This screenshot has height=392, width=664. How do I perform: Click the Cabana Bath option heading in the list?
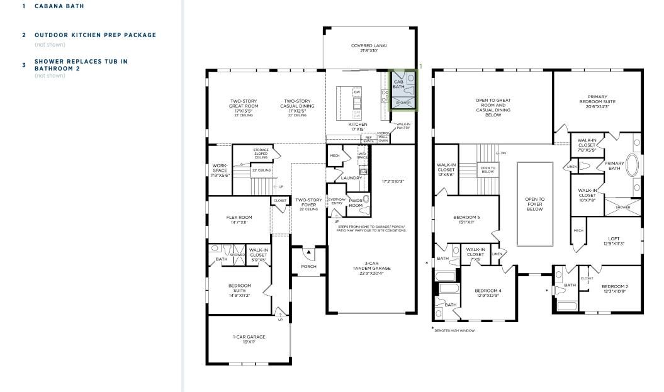coord(59,6)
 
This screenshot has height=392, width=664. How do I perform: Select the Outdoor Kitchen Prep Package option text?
coord(95,35)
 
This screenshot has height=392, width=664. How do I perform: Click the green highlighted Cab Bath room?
coord(403,90)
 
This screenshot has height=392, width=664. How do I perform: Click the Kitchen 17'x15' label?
coord(357,127)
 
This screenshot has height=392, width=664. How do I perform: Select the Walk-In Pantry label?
coord(403,126)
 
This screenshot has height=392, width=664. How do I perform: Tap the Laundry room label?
coord(351,178)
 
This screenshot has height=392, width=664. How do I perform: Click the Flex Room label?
coord(239,220)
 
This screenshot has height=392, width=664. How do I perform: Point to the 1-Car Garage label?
coord(249,339)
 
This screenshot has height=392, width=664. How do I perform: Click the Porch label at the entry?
coord(308,266)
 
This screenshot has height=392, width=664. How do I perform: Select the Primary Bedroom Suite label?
coord(597,101)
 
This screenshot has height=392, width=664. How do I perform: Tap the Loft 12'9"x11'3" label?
coord(614,242)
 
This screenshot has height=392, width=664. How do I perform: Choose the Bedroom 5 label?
coord(466,220)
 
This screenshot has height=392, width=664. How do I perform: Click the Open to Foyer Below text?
coord(535,204)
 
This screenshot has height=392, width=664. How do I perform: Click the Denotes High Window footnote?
coord(454,330)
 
